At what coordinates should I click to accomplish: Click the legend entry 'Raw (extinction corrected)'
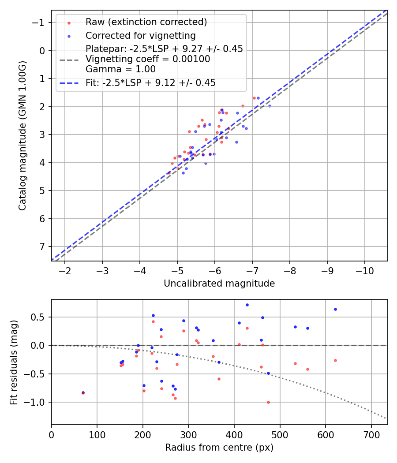pyautogui.click(x=146, y=22)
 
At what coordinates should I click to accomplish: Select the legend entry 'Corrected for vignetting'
pyautogui.click(x=140, y=35)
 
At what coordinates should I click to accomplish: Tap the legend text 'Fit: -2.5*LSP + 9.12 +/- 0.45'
pyautogui.click(x=150, y=82)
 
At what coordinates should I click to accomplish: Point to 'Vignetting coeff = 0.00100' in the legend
pyautogui.click(x=147, y=59)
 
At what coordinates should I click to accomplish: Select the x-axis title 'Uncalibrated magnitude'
pyautogui.click(x=219, y=284)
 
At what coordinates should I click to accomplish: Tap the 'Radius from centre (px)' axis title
pyautogui.click(x=219, y=448)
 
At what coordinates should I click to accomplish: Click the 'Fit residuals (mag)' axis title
pyautogui.click(x=13, y=362)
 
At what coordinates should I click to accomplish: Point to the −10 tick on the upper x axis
pyautogui.click(x=364, y=270)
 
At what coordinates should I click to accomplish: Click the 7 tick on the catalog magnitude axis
pyautogui.click(x=42, y=247)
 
